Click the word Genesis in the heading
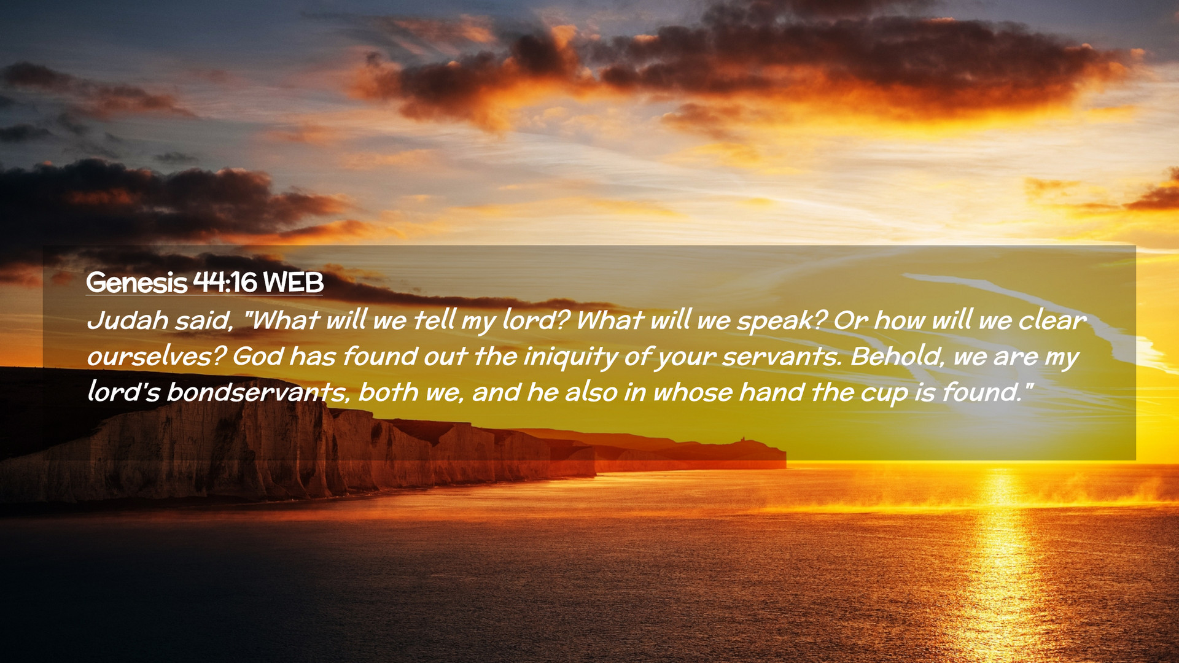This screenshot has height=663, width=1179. click(136, 282)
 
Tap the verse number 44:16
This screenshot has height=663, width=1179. click(225, 282)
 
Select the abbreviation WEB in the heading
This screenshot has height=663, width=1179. click(293, 282)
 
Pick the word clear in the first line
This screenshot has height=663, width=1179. click(1052, 320)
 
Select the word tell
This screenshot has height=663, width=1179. click(434, 320)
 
